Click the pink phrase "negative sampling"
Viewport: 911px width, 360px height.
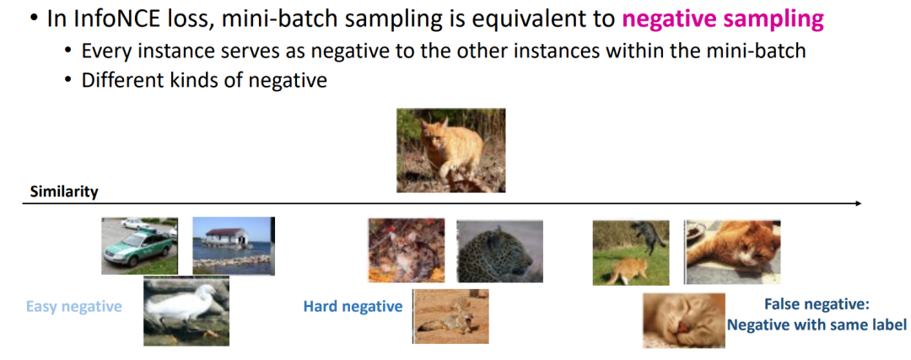723,20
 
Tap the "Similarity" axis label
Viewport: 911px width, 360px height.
64,192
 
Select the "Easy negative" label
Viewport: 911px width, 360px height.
73,306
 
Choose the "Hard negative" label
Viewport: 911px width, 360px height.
353,306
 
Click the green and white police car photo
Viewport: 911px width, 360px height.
140,246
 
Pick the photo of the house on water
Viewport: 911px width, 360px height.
233,245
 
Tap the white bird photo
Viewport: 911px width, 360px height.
186,310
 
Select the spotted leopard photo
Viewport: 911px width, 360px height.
499,251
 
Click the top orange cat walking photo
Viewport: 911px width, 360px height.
450,150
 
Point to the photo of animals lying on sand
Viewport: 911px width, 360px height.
450,316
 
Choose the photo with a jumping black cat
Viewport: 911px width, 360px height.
630,253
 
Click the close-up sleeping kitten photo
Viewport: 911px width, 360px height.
684,320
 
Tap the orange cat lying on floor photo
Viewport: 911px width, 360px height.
733,252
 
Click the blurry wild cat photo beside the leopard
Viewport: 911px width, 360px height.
407,250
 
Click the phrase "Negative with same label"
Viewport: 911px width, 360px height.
817,325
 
